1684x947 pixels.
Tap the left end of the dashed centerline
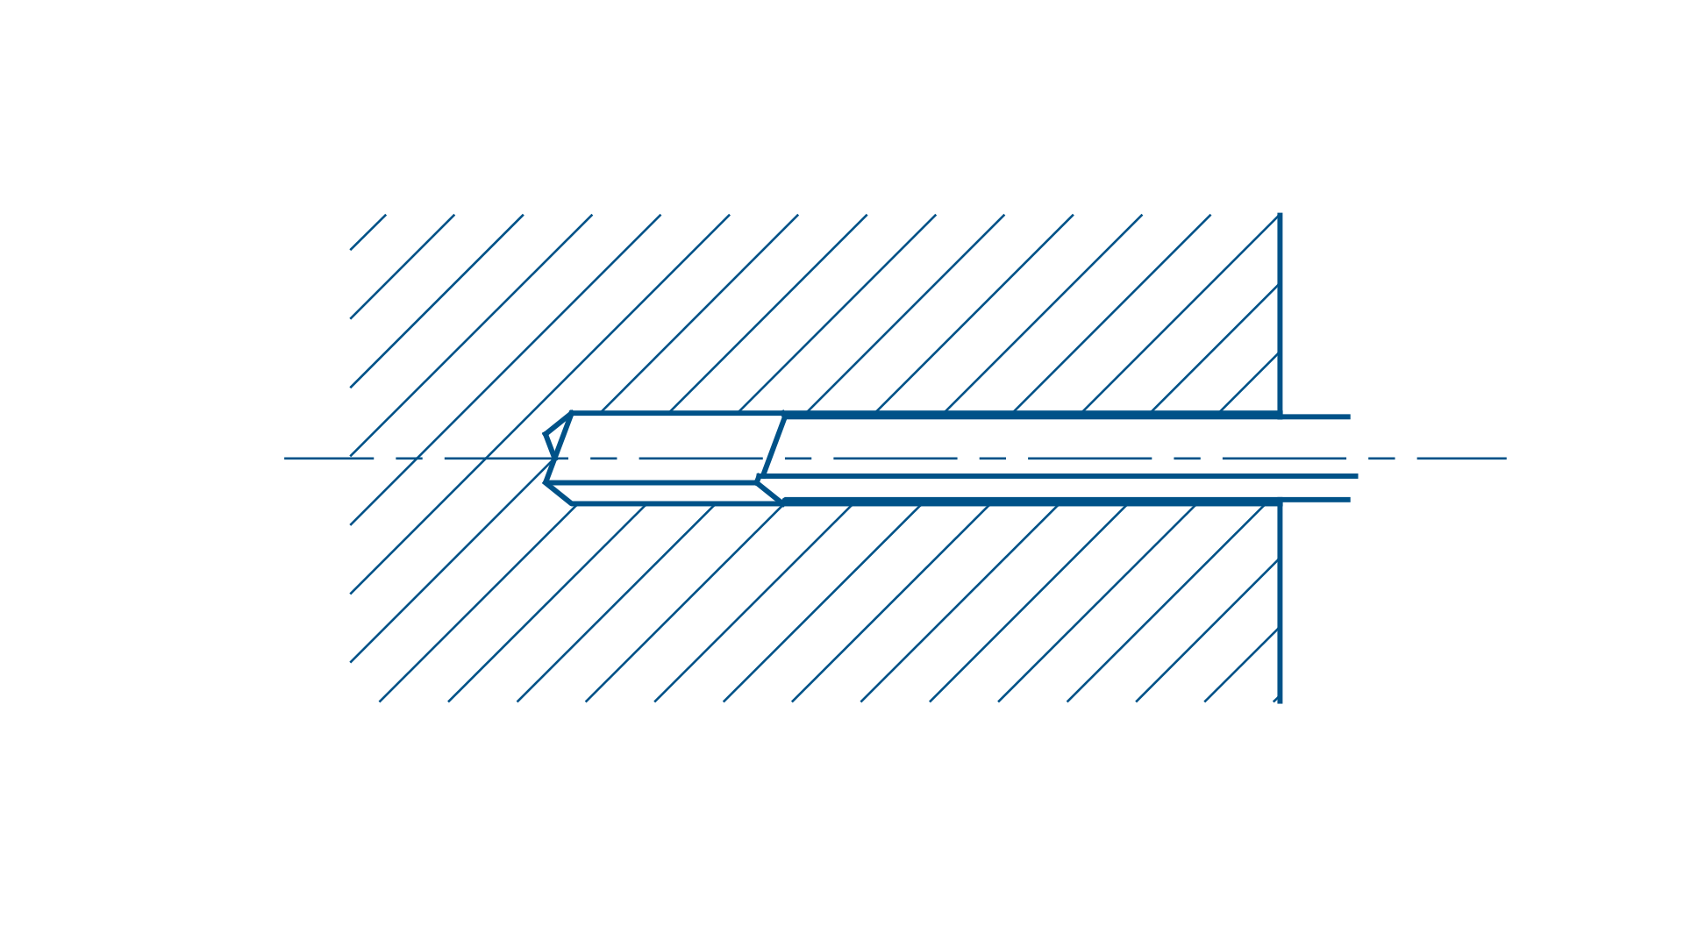pos(286,458)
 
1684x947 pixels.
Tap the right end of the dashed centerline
pos(1505,458)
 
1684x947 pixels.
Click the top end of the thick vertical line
pos(1280,214)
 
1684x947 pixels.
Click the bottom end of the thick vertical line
pos(1280,701)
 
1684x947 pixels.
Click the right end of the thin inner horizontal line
pos(1356,476)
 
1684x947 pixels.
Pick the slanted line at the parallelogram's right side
pos(773,445)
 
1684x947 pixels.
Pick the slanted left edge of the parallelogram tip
pos(559,447)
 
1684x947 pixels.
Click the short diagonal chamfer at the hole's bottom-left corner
pos(560,493)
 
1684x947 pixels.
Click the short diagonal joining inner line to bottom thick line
pos(770,491)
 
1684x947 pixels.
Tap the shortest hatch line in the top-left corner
pos(368,231)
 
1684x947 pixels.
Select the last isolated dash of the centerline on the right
pos(1461,458)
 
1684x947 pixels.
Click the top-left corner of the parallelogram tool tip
pos(572,413)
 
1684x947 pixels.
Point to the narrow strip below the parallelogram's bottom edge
pos(667,493)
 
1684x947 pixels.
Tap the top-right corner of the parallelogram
pos(784,413)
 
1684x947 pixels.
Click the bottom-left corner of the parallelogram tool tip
pos(546,481)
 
